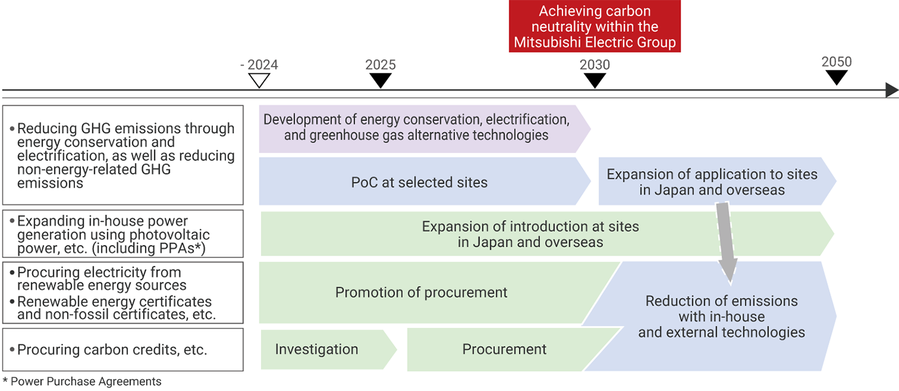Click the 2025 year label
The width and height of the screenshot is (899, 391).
click(x=380, y=65)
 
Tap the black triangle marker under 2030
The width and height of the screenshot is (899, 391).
click(x=595, y=81)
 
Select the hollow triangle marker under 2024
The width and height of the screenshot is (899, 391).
click(x=259, y=81)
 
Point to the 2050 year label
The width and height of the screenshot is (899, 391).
click(x=837, y=62)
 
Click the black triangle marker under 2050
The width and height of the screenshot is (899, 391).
click(x=837, y=77)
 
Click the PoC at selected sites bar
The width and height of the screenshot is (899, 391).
click(x=419, y=182)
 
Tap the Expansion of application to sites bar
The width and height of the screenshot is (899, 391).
click(x=712, y=182)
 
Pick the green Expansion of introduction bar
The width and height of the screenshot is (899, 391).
click(x=531, y=234)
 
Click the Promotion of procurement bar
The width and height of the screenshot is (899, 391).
click(x=421, y=292)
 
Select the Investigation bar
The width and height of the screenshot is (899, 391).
click(x=317, y=349)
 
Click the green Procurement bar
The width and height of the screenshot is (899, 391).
click(x=504, y=349)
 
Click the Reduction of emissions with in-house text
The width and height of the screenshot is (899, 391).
click(x=721, y=317)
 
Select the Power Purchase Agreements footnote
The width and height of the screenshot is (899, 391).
click(x=82, y=382)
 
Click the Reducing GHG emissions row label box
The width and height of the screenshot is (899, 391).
click(x=123, y=155)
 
